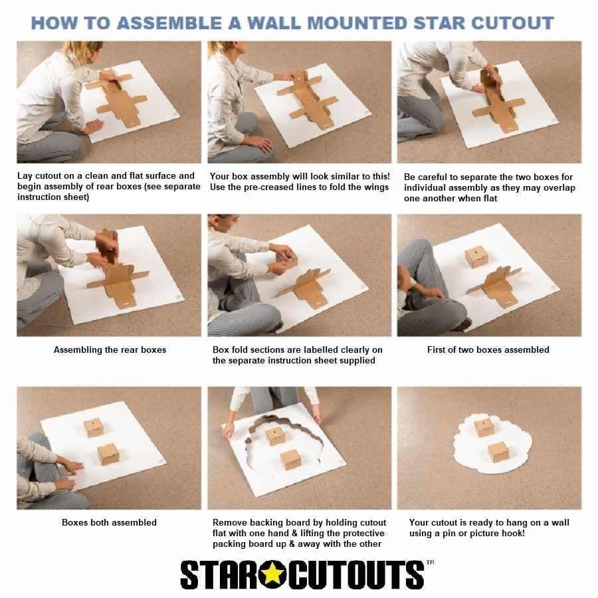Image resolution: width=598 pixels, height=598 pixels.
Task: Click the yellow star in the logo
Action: click(x=272, y=573)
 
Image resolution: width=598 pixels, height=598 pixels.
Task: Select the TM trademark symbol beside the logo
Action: click(x=430, y=563)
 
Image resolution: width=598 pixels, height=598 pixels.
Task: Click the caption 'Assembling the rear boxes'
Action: click(x=110, y=349)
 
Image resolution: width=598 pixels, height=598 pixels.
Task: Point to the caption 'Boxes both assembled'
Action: click(x=109, y=522)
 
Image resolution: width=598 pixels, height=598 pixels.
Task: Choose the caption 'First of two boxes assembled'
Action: click(x=488, y=349)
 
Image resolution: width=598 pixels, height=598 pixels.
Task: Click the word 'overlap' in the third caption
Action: click(x=558, y=187)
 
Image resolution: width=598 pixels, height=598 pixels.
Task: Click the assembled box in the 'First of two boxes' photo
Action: click(x=476, y=256)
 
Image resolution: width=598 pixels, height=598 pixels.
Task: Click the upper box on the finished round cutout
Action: click(x=484, y=427)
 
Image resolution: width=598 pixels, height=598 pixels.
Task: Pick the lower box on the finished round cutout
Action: click(x=498, y=452)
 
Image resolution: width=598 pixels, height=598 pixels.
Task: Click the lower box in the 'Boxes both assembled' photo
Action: click(x=108, y=454)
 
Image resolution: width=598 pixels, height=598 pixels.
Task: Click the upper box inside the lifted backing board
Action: click(x=275, y=436)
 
